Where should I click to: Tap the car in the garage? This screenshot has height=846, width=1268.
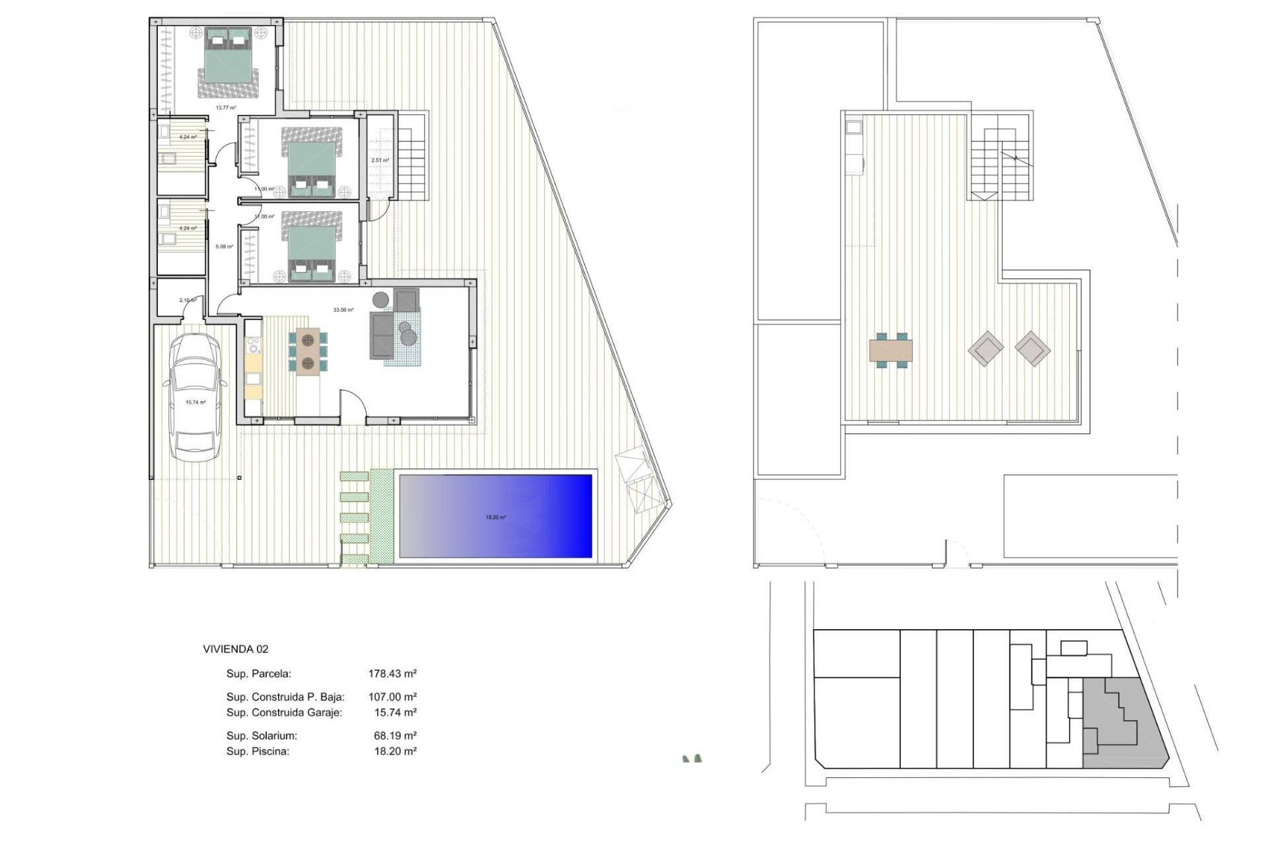(195, 397)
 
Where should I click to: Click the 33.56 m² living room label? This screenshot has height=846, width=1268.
(343, 309)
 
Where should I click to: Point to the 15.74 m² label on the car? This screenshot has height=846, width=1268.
(195, 402)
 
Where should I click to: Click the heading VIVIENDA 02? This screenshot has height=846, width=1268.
(236, 649)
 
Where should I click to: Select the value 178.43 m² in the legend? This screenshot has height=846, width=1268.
(392, 673)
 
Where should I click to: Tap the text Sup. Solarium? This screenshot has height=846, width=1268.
(262, 736)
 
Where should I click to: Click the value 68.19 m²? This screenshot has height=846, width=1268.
(395, 736)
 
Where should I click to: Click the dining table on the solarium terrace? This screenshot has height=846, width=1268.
(891, 350)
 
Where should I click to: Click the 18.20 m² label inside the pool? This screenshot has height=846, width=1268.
(495, 518)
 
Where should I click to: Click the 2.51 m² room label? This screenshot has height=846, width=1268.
(380, 160)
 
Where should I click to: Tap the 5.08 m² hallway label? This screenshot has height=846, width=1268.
(224, 247)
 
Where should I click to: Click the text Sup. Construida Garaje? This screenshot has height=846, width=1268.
(284, 712)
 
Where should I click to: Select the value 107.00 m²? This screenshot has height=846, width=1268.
(392, 697)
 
